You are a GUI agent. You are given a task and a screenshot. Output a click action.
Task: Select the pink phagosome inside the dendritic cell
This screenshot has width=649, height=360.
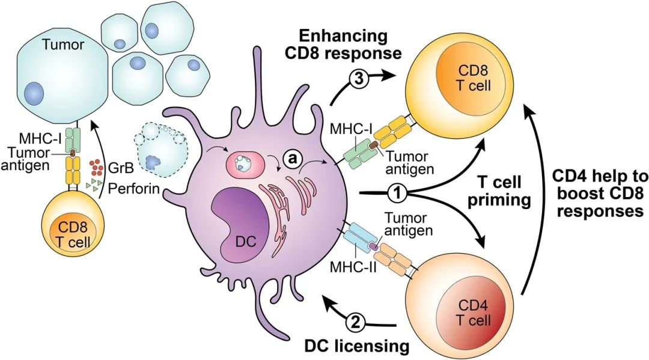point(245,164)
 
